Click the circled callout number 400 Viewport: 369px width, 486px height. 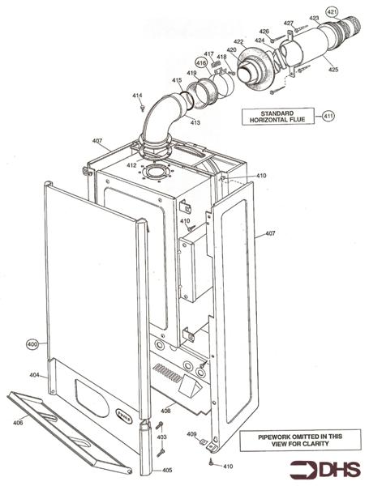click(33, 344)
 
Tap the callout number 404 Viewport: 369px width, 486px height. click(34, 375)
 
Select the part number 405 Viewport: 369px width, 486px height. click(166, 470)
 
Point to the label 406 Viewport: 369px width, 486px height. click(18, 422)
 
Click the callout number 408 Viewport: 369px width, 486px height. click(165, 411)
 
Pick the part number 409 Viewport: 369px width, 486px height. click(191, 435)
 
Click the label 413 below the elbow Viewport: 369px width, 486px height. click(195, 122)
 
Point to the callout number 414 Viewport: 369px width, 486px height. click(137, 96)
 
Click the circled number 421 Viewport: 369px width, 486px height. click(333, 11)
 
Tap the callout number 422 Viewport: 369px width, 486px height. click(238, 41)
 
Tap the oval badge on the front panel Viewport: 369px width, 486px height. click(121, 412)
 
